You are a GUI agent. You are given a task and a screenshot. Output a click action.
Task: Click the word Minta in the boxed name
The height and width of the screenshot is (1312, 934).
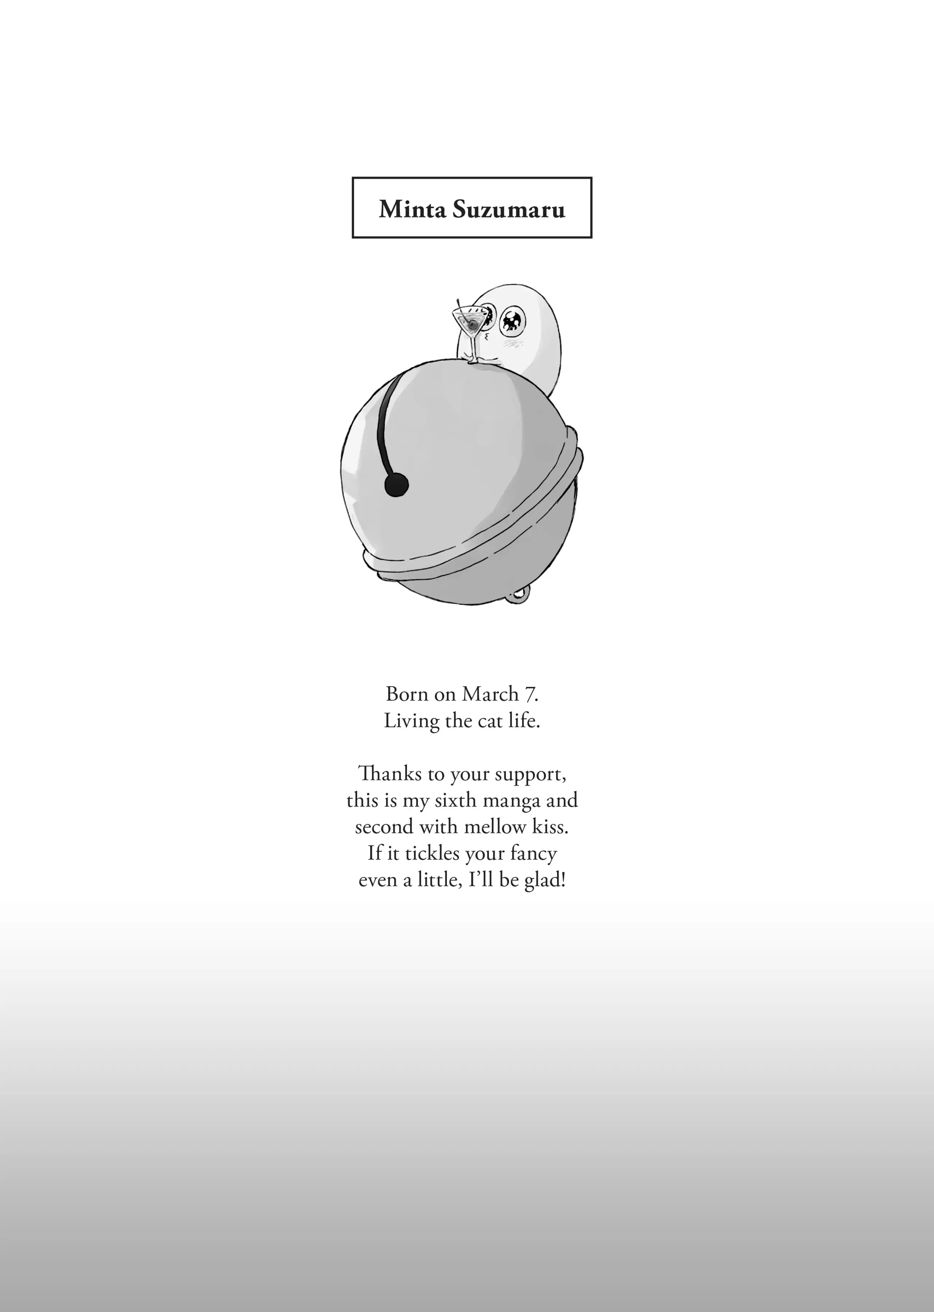tap(412, 209)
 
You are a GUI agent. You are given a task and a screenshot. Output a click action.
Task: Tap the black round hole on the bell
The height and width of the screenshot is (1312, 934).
tap(396, 484)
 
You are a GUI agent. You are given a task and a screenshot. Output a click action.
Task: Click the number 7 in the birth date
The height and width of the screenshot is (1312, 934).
tap(530, 694)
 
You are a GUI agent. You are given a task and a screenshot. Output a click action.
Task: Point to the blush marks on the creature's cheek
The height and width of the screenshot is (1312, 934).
tap(511, 343)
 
